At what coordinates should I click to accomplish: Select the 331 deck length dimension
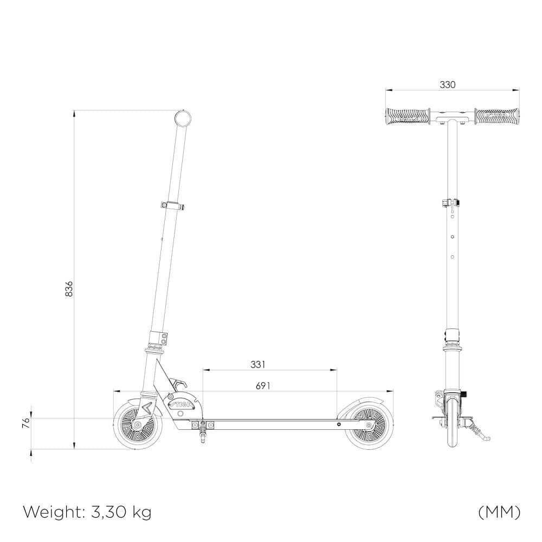[x=258, y=365]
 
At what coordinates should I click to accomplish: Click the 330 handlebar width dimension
[x=448, y=85]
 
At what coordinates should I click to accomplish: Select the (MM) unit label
[x=499, y=511]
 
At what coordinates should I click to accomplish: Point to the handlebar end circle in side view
[x=184, y=119]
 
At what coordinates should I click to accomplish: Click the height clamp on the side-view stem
[x=172, y=205]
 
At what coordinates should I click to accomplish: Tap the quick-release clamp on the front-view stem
[x=451, y=204]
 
